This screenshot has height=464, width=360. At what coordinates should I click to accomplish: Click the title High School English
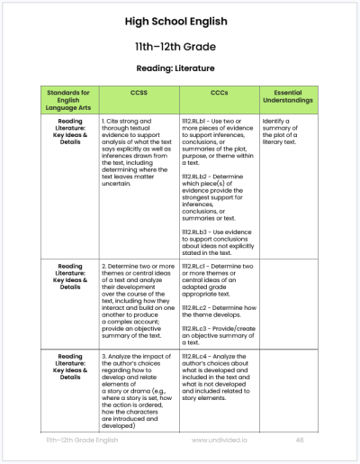pyautogui.click(x=180, y=21)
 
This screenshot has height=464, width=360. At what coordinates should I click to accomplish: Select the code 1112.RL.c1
pyautogui.click(x=198, y=267)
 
